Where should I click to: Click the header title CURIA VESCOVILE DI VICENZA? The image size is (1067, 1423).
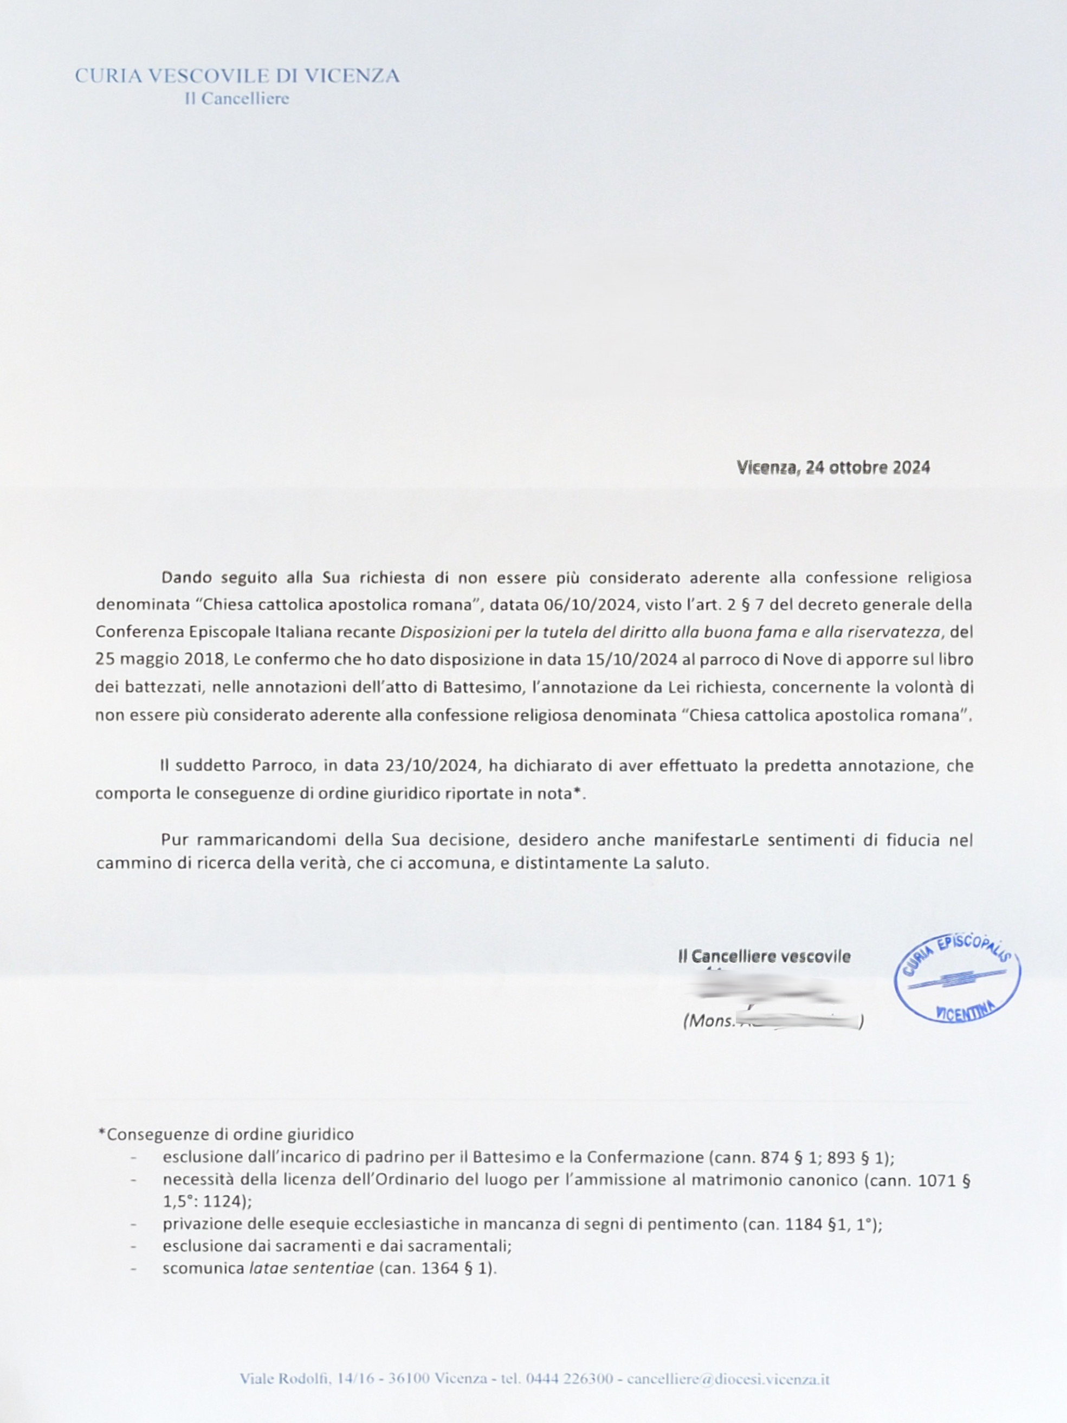click(x=237, y=76)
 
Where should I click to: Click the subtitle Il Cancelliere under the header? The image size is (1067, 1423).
click(x=237, y=99)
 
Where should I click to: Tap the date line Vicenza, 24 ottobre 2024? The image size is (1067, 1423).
click(x=833, y=467)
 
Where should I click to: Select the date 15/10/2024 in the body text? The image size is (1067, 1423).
click(x=631, y=659)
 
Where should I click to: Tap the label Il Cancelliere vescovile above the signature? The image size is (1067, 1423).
click(x=764, y=957)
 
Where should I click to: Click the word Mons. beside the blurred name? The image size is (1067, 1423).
click(x=709, y=1021)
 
